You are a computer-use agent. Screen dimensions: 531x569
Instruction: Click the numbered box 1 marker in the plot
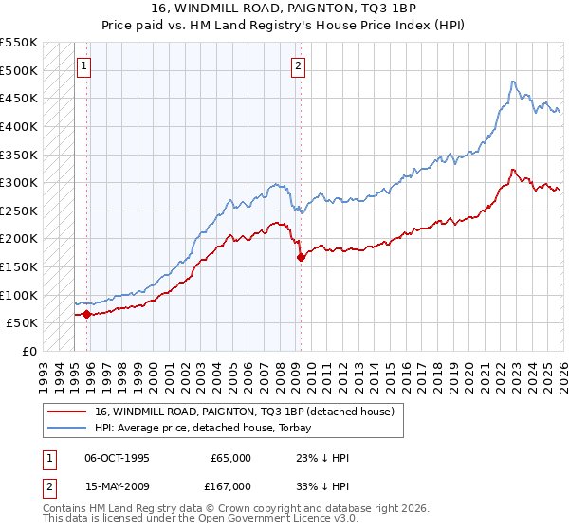85,66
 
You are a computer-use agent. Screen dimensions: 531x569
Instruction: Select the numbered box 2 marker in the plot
298,66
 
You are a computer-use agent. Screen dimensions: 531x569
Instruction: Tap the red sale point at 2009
301,257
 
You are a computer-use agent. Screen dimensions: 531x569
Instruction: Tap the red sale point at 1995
86,314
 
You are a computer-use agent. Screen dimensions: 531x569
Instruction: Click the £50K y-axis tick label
22,322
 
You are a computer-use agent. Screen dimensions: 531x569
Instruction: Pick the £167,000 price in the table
230,486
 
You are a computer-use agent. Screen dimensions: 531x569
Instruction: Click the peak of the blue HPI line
512,82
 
